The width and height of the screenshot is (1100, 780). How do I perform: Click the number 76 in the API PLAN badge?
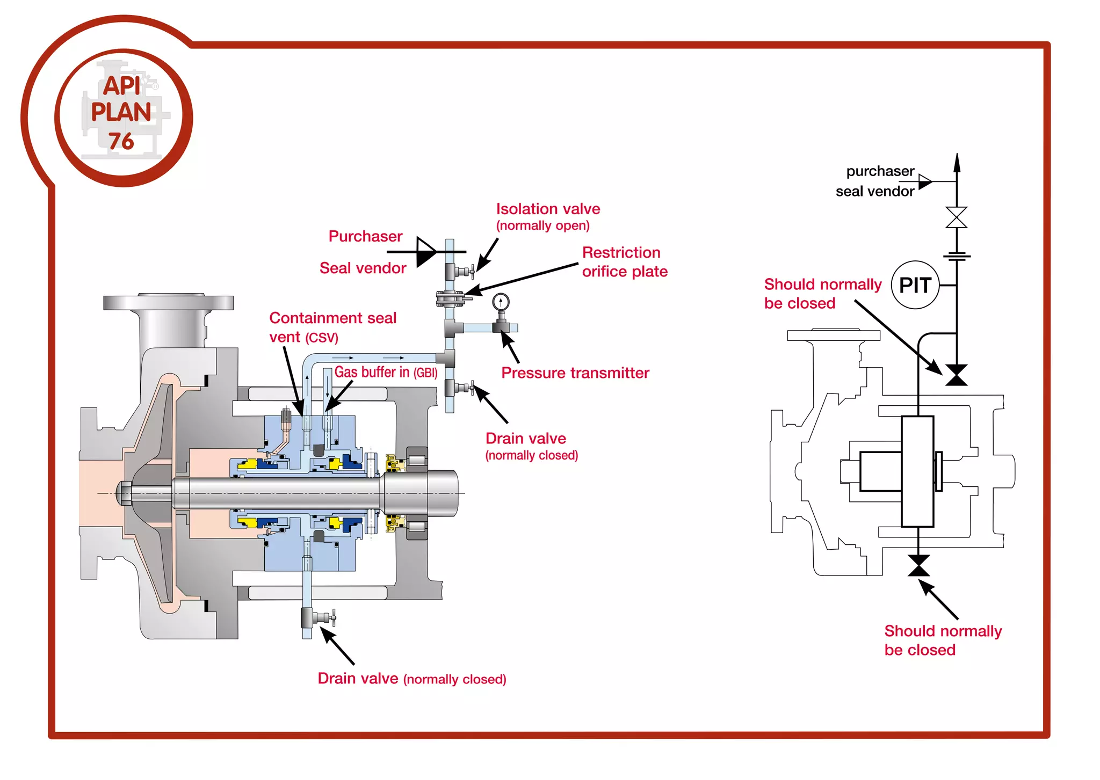coord(121,141)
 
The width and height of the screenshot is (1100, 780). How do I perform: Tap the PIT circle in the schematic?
coord(915,285)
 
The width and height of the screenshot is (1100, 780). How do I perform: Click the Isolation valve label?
coord(547,209)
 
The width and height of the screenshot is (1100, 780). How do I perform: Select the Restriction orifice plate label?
coord(624,262)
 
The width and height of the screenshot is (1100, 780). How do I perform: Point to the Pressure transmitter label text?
coord(575,373)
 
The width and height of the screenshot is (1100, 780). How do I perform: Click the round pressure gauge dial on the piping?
coord(501,302)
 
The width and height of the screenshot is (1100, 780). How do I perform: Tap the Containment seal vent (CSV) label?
coord(332,327)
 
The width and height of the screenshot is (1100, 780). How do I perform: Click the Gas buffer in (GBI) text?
coord(386,372)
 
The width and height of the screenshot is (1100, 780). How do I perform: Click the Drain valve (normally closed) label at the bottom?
coord(411,679)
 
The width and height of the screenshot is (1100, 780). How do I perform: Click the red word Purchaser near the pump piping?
coord(365,237)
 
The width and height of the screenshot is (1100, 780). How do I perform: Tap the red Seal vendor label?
coord(363,268)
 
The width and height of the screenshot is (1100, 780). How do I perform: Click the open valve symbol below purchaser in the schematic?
coord(956,217)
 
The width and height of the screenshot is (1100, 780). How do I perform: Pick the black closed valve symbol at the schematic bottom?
coord(918,566)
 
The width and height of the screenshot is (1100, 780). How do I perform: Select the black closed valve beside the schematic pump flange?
coord(956,375)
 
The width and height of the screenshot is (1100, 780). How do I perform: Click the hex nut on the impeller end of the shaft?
coord(124,493)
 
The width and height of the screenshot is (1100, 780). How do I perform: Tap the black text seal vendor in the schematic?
coord(874,192)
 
